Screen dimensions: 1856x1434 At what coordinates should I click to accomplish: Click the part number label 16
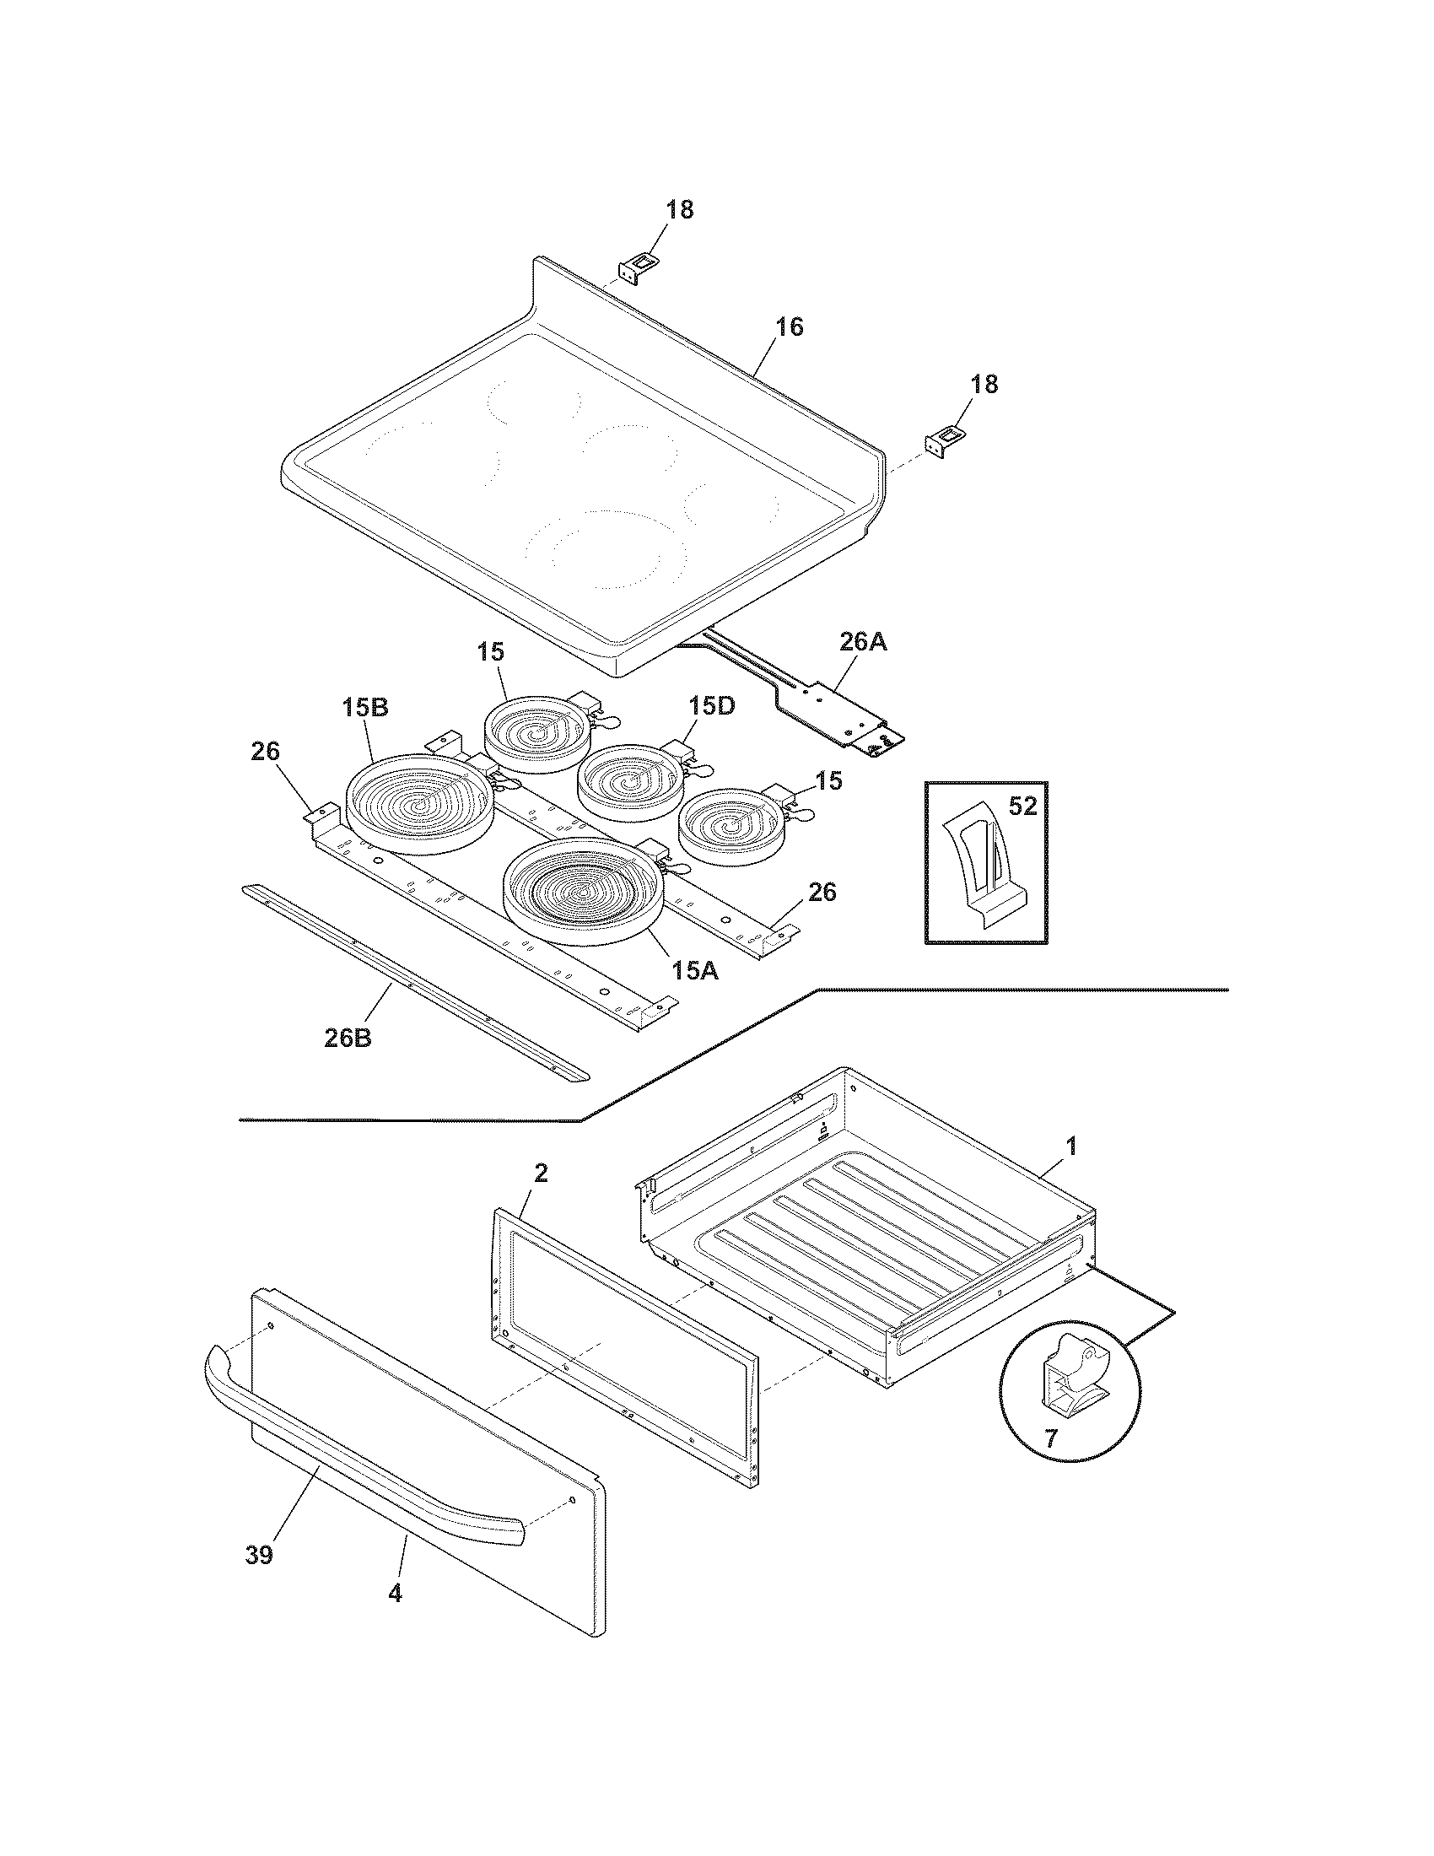tap(790, 327)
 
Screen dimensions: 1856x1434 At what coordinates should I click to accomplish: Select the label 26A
tap(862, 642)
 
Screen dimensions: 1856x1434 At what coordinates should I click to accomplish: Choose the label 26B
tap(348, 1038)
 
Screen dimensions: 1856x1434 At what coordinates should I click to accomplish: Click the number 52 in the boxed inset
tap(1022, 807)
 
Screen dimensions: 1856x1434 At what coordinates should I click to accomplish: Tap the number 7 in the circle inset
tap(1050, 1438)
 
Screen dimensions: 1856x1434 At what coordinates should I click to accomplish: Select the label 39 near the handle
tap(259, 1555)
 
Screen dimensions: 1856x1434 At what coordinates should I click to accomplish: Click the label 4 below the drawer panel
tap(394, 1593)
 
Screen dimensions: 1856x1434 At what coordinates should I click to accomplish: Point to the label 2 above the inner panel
tap(541, 1173)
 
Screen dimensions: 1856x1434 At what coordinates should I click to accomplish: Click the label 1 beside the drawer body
tap(1071, 1146)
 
